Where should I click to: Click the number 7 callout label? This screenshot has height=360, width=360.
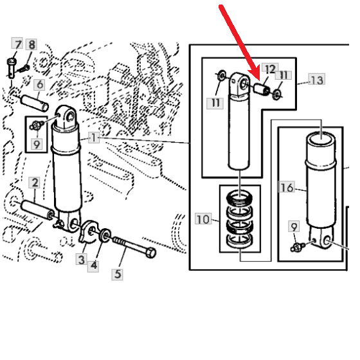click(x=17, y=44)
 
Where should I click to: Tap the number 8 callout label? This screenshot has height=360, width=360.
click(x=32, y=44)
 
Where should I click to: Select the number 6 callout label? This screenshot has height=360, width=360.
click(x=39, y=84)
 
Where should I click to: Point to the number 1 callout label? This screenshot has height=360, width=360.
click(x=94, y=138)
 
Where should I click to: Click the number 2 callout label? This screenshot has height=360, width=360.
click(x=35, y=183)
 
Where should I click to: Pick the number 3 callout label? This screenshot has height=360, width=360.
click(x=81, y=259)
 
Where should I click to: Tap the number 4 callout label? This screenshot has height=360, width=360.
click(x=93, y=266)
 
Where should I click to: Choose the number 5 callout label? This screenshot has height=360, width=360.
click(x=117, y=274)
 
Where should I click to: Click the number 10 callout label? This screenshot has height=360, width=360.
click(x=203, y=219)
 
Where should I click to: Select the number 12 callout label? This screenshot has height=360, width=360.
click(x=270, y=69)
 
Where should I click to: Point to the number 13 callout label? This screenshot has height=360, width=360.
click(x=316, y=80)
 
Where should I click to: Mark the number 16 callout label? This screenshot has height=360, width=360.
click(x=286, y=187)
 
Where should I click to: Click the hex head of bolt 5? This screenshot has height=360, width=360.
click(x=150, y=253)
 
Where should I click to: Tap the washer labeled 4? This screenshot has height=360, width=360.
click(x=105, y=235)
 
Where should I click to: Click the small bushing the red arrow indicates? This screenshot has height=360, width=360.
click(x=262, y=90)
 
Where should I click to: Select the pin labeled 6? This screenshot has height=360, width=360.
click(x=35, y=102)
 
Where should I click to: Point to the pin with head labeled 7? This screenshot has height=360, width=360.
click(x=12, y=68)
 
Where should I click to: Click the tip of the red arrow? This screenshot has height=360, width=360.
click(x=258, y=80)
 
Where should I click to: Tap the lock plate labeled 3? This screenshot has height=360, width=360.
click(x=89, y=231)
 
